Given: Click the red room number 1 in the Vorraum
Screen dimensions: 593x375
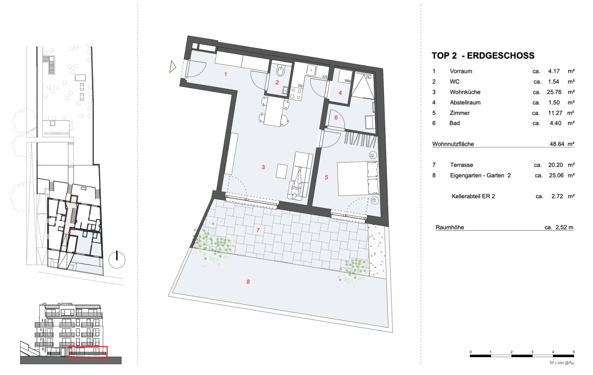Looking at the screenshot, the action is tap(225, 74).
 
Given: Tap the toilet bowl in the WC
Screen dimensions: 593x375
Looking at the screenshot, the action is tap(280, 71).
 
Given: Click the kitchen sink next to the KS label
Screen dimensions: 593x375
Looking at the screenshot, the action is tap(311, 71).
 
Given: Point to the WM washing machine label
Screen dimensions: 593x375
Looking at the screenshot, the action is tap(347, 81).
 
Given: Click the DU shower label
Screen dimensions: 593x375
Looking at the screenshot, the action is tap(369, 77).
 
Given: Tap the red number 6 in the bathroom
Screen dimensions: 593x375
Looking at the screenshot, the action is tap(336, 117).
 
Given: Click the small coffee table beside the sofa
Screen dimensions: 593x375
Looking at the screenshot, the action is tap(282, 171).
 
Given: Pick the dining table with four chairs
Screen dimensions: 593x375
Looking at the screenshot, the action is tap(274, 111).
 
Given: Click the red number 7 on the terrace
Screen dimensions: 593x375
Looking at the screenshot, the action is tap(258, 230).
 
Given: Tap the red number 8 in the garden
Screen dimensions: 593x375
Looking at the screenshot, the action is tap(248, 282).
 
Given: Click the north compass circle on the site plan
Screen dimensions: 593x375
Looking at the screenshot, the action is tap(117, 260).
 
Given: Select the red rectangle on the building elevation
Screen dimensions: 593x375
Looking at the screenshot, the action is tap(88, 352).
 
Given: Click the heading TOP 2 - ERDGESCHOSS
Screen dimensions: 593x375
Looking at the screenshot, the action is tap(483, 56).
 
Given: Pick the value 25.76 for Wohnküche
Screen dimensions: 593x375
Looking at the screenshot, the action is tap(554, 92).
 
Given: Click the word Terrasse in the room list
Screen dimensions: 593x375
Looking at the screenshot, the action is tap(461, 165).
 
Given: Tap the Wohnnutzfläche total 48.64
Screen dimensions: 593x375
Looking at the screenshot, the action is tap(557, 144).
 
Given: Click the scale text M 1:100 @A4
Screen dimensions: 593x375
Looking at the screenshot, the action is tap(562, 363).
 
